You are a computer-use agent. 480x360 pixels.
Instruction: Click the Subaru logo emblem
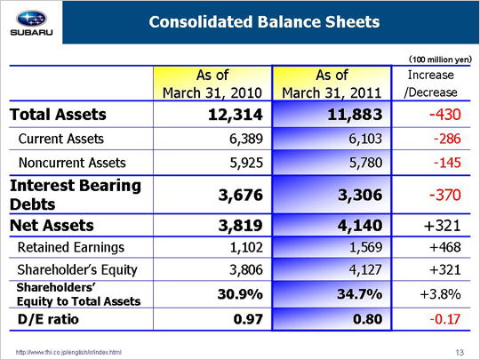click(31, 19)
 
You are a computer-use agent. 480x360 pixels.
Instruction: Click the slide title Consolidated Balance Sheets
click(264, 22)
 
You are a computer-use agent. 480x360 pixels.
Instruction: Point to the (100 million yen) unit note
click(441, 60)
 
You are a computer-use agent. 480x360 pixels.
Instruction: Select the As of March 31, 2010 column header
click(212, 84)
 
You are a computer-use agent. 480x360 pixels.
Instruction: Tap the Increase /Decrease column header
click(431, 84)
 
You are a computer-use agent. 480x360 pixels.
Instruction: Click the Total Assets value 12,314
click(235, 115)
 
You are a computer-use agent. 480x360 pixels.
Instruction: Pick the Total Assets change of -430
click(444, 115)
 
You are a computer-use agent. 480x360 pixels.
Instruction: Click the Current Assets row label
click(61, 139)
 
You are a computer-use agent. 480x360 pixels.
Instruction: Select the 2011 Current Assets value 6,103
click(365, 139)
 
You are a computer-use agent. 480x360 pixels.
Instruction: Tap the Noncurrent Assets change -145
click(447, 163)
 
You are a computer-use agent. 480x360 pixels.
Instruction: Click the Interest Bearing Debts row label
click(76, 195)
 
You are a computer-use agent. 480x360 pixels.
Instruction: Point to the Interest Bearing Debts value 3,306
click(360, 195)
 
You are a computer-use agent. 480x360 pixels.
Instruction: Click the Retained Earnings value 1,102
click(246, 247)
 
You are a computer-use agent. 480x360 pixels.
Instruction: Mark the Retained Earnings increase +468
click(445, 247)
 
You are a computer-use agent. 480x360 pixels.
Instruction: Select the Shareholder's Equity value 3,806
click(246, 269)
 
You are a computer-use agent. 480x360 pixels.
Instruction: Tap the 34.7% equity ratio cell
click(360, 294)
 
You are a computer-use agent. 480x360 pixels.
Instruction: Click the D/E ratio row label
click(48, 319)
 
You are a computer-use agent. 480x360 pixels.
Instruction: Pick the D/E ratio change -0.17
click(445, 319)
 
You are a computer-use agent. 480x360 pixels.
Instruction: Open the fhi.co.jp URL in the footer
click(68, 352)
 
